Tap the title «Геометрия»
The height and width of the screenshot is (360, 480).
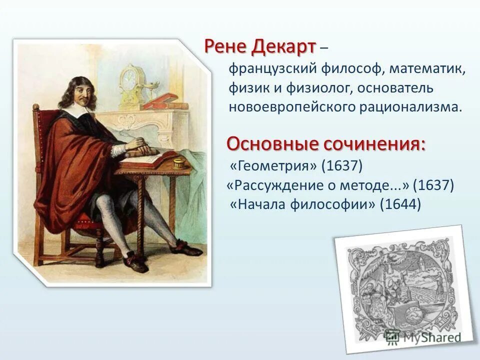click(x=273, y=164)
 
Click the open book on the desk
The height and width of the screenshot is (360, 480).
click(x=145, y=158)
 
